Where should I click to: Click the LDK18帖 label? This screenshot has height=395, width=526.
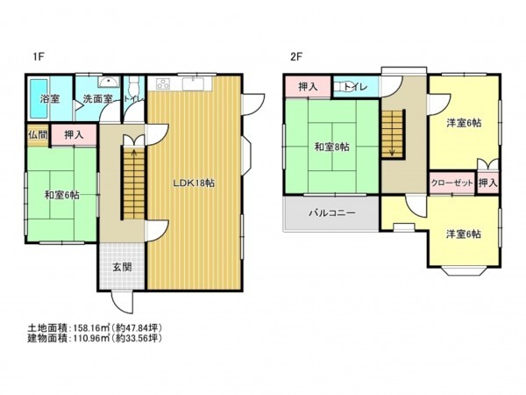(x=195, y=183)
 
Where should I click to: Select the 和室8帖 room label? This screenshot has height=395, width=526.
(x=331, y=147)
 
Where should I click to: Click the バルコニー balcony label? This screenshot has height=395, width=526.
(x=331, y=212)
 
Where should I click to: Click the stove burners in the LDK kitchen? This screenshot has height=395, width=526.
(x=163, y=84)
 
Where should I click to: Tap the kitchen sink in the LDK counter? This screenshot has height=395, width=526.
(x=195, y=84)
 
